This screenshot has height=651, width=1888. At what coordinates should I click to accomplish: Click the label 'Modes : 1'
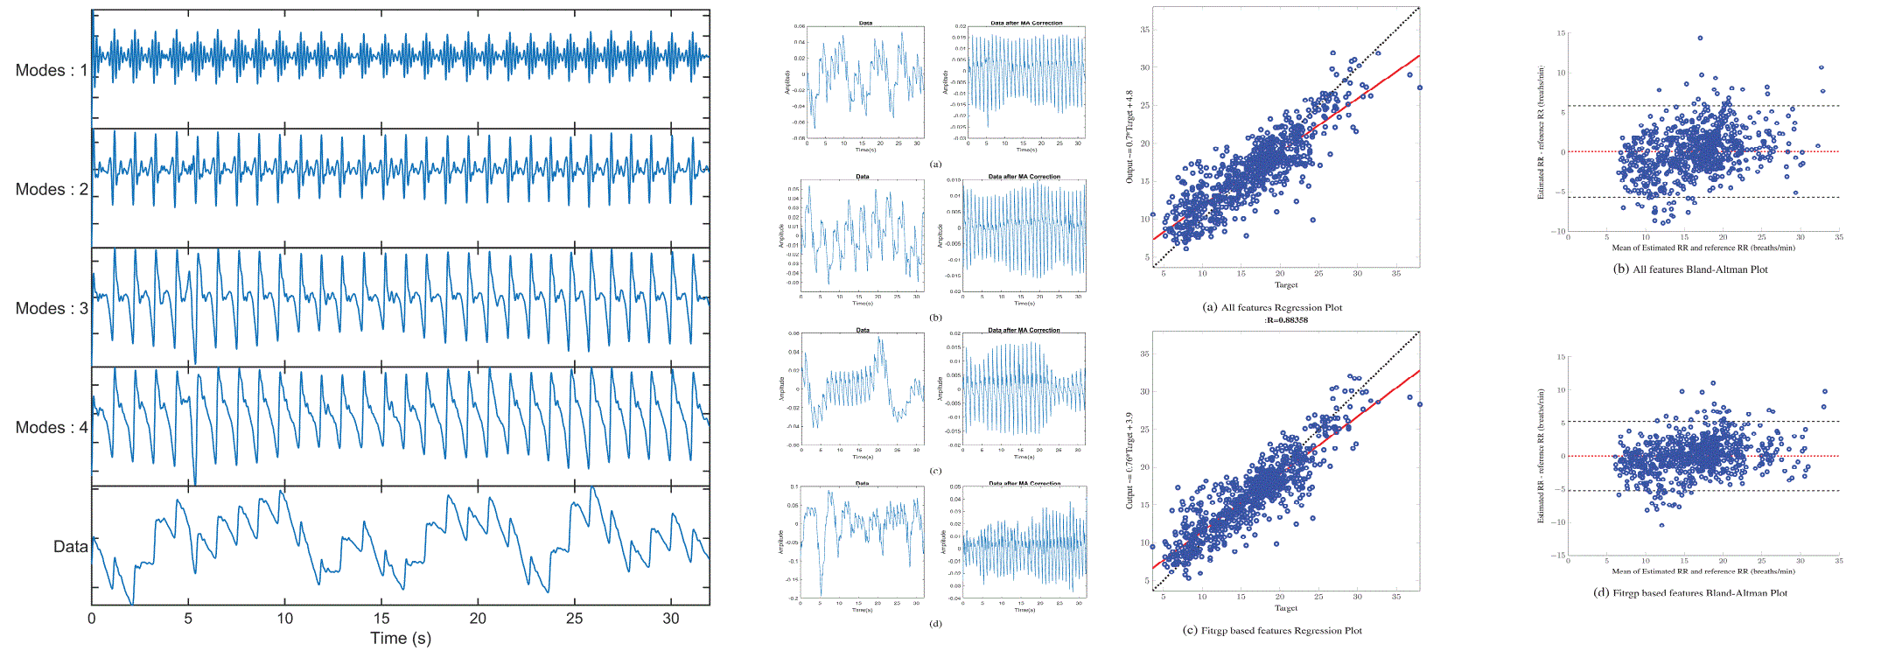pyautogui.click(x=52, y=70)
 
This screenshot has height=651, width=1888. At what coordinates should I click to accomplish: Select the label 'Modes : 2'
pyautogui.click(x=52, y=189)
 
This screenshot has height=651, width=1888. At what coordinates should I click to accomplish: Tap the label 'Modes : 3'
pyautogui.click(x=52, y=308)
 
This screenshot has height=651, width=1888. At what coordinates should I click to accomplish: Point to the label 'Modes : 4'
pyautogui.click(x=52, y=427)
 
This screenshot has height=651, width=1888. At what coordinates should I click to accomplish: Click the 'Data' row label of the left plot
pyautogui.click(x=70, y=547)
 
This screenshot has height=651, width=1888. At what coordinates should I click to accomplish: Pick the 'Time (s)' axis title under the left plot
pyautogui.click(x=400, y=638)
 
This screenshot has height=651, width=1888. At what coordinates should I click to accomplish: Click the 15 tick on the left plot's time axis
pyautogui.click(x=381, y=619)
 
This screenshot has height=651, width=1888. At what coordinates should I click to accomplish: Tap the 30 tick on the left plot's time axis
pyautogui.click(x=671, y=619)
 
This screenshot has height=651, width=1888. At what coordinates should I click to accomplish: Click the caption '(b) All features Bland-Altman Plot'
pyautogui.click(x=1690, y=269)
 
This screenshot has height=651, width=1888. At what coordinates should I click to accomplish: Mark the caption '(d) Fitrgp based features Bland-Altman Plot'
pyautogui.click(x=1689, y=593)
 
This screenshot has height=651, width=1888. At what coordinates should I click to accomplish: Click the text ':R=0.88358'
pyautogui.click(x=1286, y=320)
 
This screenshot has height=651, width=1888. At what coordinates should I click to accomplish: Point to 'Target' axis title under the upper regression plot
pyautogui.click(x=1286, y=285)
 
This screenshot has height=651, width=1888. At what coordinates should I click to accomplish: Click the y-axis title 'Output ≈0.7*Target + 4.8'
pyautogui.click(x=1129, y=136)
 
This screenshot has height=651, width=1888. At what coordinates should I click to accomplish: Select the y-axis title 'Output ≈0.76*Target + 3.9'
pyautogui.click(x=1129, y=460)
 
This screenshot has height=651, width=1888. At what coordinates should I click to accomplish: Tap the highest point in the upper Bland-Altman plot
pyautogui.click(x=1700, y=38)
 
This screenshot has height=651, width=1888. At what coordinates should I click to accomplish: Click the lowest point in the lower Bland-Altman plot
pyautogui.click(x=1661, y=525)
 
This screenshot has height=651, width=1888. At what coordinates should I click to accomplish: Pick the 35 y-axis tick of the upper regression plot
pyautogui.click(x=1144, y=30)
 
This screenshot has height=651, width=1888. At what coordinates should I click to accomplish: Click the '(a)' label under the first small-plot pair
pyautogui.click(x=936, y=164)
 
